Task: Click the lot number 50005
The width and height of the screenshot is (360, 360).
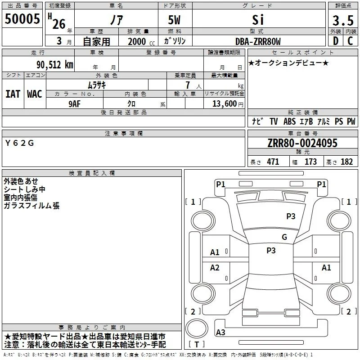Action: (22, 19)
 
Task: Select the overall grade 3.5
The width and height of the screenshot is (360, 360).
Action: (343, 20)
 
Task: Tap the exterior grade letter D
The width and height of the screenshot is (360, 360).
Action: (336, 41)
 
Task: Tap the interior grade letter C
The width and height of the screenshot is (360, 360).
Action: (350, 41)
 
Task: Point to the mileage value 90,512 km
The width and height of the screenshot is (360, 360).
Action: (55, 65)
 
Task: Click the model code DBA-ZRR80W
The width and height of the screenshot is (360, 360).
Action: (258, 41)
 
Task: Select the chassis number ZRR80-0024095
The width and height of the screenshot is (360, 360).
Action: (302, 143)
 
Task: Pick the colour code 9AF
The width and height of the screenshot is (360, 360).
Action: (75, 104)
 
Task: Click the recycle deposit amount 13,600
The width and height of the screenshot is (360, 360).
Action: (225, 104)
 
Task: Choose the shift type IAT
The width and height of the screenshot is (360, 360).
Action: (13, 94)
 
